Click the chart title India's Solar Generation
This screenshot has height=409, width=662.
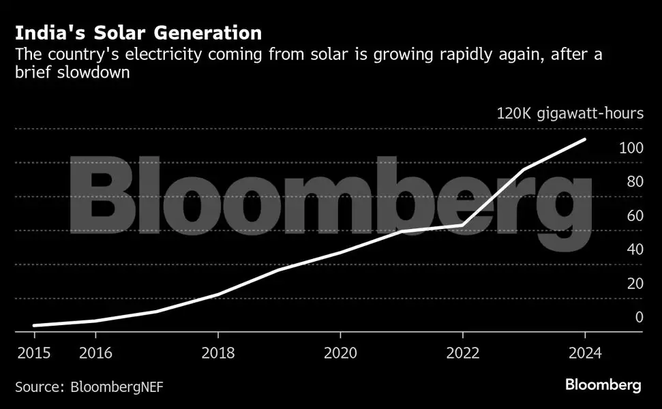tap(138, 33)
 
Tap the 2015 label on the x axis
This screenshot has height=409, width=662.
tap(34, 352)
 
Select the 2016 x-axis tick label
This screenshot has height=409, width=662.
tap(95, 352)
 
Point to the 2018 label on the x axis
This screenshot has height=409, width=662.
tap(218, 352)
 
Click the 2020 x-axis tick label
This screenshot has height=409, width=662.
tap(340, 352)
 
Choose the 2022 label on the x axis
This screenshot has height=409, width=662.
tap(463, 352)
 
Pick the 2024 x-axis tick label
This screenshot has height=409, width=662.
tap(585, 352)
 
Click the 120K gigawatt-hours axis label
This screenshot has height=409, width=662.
tap(569, 113)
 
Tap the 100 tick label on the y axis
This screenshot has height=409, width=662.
tap(631, 147)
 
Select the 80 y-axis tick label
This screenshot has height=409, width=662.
tap(635, 181)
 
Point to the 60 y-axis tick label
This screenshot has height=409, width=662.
tap(635, 215)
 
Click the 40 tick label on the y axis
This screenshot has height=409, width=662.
tap(635, 249)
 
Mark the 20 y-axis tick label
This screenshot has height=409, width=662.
tap(635, 284)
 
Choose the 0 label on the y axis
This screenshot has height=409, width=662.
tap(639, 317)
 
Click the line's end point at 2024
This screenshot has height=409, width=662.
tap(585, 139)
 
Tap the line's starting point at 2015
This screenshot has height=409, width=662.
tap(34, 326)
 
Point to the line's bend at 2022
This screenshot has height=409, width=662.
tap(463, 225)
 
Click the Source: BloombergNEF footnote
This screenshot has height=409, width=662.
tap(89, 387)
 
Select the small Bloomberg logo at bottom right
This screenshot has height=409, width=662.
tap(603, 385)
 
